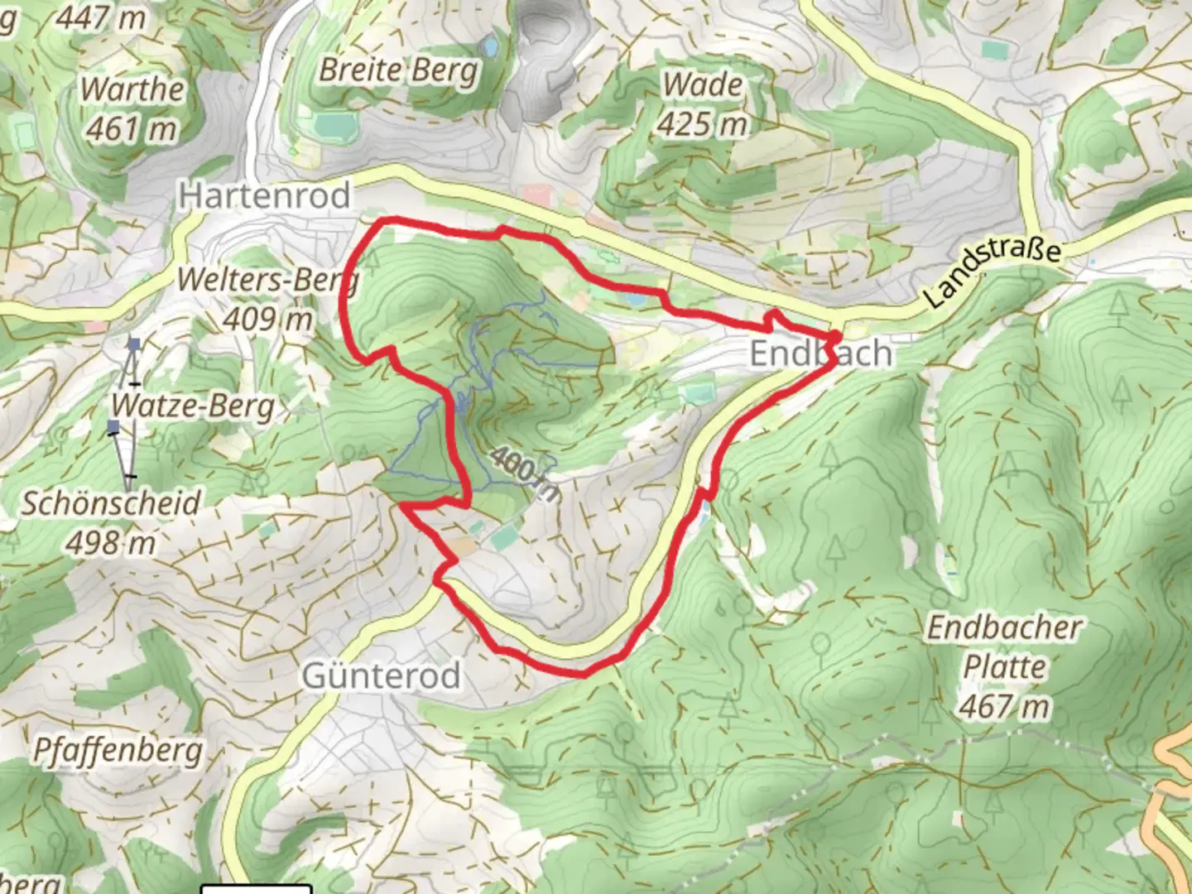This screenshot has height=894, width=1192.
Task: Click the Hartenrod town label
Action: click(265, 195)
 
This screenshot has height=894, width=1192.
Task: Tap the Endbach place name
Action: click(820, 353)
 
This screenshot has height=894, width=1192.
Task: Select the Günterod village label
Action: click(381, 675)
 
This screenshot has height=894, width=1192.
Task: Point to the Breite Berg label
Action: click(399, 70)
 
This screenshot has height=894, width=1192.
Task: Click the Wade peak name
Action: click(703, 84)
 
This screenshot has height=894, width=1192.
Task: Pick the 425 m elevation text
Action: click(703, 124)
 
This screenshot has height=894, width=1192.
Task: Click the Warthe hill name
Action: click(132, 89)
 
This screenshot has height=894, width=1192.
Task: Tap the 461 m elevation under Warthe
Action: click(131, 128)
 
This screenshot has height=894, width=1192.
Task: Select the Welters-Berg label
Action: click(267, 280)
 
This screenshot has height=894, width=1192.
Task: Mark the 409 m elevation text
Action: click(267, 319)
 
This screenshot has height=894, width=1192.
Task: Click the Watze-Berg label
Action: click(193, 406)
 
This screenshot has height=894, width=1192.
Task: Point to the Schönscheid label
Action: click(111, 503)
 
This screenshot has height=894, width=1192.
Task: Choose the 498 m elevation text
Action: click(111, 543)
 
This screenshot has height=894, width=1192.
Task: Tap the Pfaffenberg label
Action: click(118, 751)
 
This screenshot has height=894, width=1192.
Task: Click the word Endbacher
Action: click(1004, 627)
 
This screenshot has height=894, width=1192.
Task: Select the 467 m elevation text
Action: click(1004, 707)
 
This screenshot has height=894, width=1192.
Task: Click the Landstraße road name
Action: click(991, 272)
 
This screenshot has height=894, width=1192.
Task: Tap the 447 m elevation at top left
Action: click(100, 16)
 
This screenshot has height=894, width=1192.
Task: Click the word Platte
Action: click(1004, 667)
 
